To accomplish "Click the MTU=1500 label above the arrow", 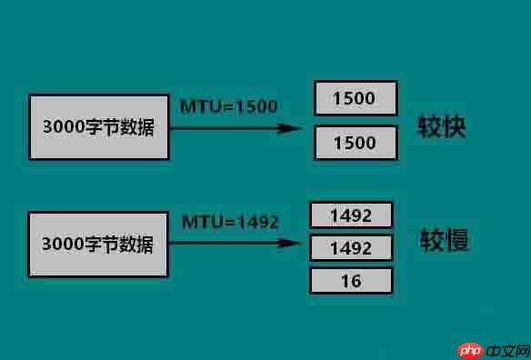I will point(228,106).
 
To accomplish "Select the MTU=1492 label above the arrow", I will point(230,222).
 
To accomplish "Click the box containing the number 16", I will point(351,281).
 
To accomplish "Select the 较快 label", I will point(442,126).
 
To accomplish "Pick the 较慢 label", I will point(443,241).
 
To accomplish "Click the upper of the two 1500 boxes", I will point(355,99).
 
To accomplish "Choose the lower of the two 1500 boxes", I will point(355,143).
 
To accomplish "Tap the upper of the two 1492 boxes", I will point(351,215).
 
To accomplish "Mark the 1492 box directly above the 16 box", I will point(351,248).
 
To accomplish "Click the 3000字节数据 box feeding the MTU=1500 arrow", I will point(98,126).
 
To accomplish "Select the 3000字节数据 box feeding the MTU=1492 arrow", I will point(98,245).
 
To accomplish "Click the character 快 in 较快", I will point(454,126).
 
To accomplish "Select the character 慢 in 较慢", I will point(455,241).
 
